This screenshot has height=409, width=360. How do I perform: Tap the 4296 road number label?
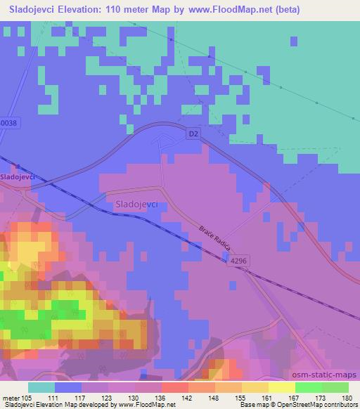(x=238, y=260)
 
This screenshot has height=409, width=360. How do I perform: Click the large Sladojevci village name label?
(x=136, y=204)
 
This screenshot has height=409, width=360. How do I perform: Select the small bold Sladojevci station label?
(x=18, y=178)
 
